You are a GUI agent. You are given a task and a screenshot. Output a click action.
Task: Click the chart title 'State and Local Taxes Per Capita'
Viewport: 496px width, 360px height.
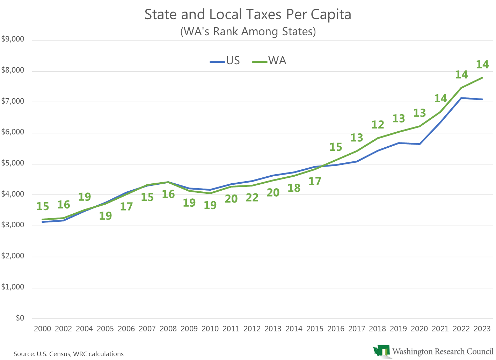248,15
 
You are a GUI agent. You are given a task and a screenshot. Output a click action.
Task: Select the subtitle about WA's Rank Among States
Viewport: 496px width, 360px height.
248,31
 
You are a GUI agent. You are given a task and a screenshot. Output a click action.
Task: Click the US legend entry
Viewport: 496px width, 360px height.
225,61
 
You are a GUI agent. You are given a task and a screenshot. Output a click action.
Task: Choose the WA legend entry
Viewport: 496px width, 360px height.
269,61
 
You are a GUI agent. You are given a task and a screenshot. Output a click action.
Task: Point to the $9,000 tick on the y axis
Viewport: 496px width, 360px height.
13,39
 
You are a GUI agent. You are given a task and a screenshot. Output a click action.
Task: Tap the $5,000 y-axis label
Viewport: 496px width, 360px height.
13,163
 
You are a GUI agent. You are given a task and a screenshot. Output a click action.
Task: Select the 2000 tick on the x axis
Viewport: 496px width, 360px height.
43,329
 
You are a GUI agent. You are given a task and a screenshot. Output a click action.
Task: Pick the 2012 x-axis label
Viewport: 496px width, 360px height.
252,329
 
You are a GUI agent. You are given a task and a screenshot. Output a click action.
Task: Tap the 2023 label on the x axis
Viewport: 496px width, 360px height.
482,329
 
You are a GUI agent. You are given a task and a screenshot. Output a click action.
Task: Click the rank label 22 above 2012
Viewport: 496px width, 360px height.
252,198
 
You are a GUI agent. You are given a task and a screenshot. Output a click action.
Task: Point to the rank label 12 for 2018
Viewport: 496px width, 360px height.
378,125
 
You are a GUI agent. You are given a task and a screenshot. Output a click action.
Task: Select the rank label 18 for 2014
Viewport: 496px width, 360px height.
294,188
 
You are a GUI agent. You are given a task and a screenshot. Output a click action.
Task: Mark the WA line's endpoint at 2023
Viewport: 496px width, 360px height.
482,78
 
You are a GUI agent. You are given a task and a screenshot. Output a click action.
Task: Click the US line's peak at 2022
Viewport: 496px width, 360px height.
461,98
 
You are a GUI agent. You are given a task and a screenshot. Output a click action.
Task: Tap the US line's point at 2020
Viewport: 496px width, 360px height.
420,144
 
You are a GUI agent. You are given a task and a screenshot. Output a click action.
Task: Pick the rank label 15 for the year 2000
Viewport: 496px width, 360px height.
43,206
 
